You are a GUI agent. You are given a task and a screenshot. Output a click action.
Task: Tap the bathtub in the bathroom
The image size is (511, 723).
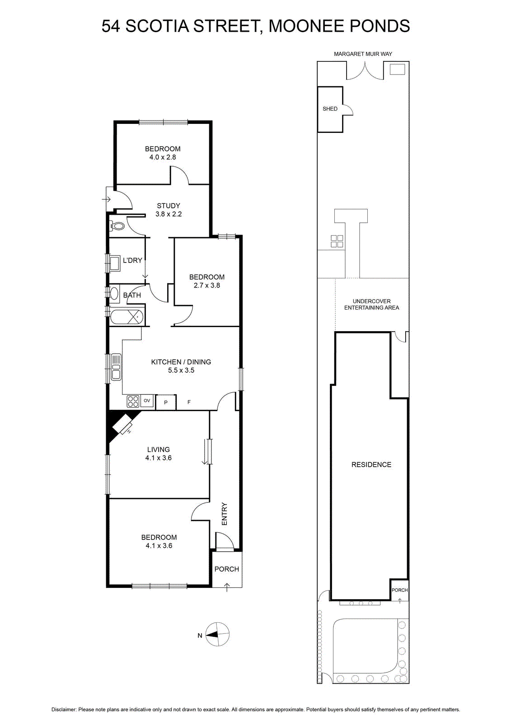point(127,317)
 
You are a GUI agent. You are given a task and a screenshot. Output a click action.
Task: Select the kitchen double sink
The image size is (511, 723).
point(116,366)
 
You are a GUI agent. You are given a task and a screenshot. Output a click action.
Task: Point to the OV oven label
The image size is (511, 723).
point(147,400)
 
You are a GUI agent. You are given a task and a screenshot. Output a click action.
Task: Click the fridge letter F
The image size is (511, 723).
point(189,402)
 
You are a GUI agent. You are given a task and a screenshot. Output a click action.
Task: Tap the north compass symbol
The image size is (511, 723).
point(217,634)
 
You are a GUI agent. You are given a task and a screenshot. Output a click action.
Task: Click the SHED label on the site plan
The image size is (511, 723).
point(330,109)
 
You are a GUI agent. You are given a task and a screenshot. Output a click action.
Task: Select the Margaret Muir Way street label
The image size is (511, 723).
point(363,54)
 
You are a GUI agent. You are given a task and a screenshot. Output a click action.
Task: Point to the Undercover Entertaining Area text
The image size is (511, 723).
point(371,305)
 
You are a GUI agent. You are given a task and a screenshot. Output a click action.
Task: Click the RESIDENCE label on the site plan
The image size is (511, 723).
point(371,465)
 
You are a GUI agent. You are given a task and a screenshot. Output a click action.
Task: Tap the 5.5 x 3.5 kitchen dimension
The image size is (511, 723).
point(181,370)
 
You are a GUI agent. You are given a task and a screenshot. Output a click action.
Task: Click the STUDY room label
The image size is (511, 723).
point(169,206)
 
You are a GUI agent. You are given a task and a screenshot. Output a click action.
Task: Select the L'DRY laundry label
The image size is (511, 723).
point(132,260)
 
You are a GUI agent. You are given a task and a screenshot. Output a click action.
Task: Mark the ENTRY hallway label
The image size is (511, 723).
point(225,514)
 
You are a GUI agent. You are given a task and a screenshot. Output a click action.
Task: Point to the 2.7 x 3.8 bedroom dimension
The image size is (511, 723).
point(207,285)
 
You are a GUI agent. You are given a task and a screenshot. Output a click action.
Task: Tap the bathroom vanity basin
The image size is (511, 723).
point(114,293)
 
